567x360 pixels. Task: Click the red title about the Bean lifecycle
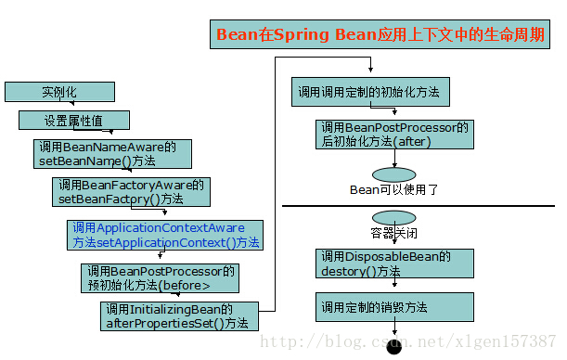click(x=381, y=34)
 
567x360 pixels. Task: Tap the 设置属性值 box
click(x=74, y=121)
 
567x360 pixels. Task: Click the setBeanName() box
click(x=112, y=154)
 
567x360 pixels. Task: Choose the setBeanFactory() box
click(x=130, y=192)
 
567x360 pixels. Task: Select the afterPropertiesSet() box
click(x=179, y=316)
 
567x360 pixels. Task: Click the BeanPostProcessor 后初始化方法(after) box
click(x=394, y=135)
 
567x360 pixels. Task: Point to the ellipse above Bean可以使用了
click(x=393, y=174)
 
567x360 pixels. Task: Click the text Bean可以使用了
click(x=393, y=189)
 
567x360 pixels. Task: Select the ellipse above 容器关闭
click(x=393, y=217)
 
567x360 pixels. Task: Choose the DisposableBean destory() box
click(x=394, y=264)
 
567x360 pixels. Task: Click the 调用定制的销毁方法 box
click(x=394, y=306)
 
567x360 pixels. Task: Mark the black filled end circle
click(x=393, y=349)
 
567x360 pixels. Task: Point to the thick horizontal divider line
click(x=418, y=206)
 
